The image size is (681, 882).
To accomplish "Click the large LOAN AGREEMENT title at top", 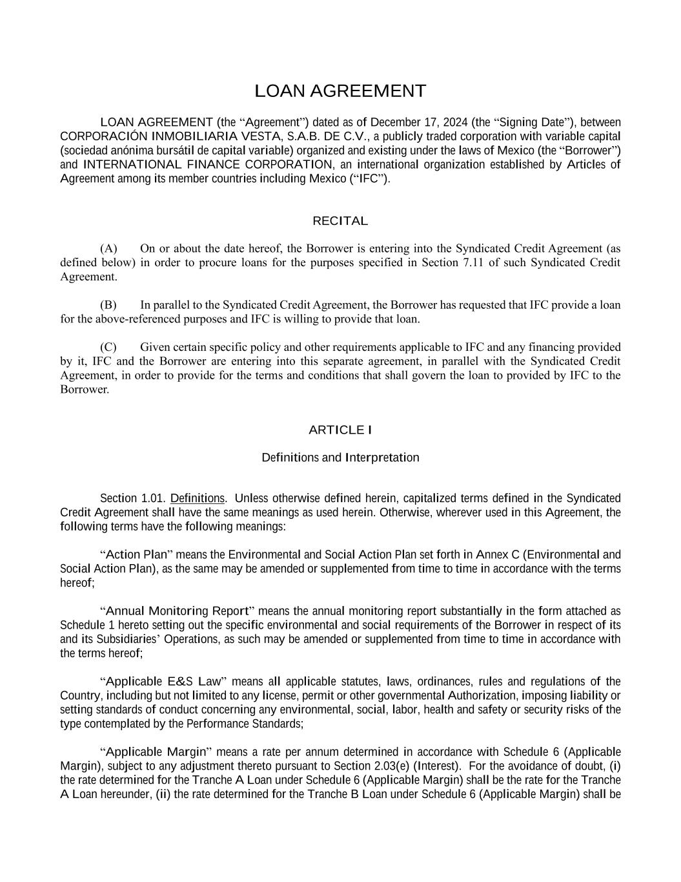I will coord(340,91).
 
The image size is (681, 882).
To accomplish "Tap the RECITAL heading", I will coord(340,221).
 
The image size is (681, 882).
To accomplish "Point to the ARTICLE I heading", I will coord(340,430).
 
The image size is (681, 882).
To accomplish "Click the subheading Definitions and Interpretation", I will coord(340,457).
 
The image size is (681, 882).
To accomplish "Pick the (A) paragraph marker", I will coord(108,249).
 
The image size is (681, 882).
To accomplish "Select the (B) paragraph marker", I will coord(108,305).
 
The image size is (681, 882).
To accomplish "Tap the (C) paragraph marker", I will coord(108,347).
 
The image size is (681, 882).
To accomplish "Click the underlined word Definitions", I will coord(198,498).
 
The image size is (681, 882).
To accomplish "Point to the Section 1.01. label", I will coord(133,498).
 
